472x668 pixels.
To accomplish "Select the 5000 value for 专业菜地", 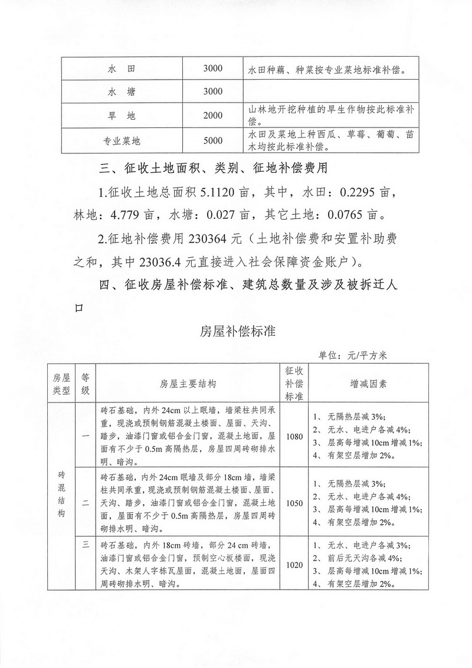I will tap(212, 140).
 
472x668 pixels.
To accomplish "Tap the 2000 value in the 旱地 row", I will tap(212, 115).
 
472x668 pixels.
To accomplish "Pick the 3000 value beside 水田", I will tap(212, 69).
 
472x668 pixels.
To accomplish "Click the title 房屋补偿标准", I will tap(238, 331).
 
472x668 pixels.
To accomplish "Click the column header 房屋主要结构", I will tap(188, 384).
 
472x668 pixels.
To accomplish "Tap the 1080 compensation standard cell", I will tap(293, 437).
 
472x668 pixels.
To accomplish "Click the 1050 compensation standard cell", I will tap(293, 503).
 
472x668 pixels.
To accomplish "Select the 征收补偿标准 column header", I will tap(293, 383).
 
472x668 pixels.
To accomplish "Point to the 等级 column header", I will tap(86, 383).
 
